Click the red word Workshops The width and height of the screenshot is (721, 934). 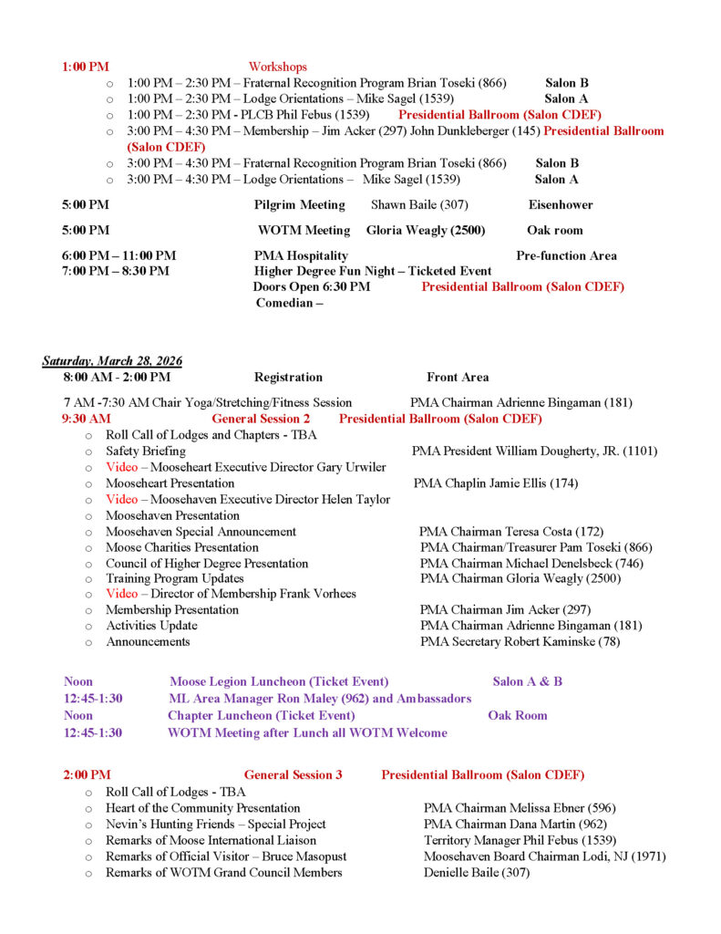277,67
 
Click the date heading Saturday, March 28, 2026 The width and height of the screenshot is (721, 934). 112,361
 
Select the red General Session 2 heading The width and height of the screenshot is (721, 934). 261,419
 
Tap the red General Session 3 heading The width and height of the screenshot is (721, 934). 293,774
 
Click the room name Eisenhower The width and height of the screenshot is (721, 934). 560,205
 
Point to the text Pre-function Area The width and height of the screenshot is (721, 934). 566,255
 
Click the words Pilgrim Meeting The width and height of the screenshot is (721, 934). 299,205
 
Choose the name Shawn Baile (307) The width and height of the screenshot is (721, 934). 419,205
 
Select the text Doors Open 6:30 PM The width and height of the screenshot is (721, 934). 312,286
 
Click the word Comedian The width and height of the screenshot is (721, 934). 286,303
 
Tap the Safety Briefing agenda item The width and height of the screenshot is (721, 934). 145,451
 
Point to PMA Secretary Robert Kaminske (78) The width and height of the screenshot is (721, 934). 522,641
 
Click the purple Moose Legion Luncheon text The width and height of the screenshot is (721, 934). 279,681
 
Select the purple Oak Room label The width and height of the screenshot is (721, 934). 517,715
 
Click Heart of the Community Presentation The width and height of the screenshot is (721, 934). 202,807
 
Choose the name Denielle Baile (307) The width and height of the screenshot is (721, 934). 476,872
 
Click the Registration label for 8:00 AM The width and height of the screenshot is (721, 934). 288,377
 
